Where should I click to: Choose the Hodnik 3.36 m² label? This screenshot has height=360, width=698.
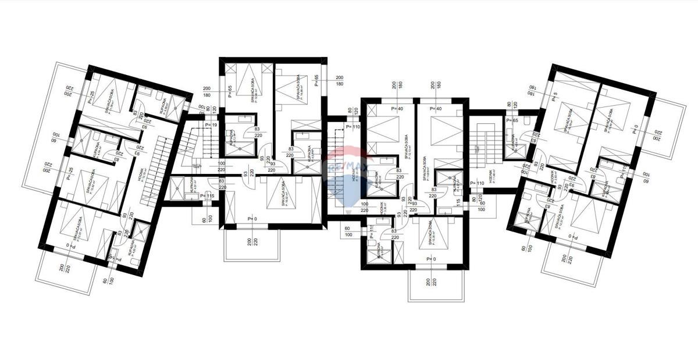383,211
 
